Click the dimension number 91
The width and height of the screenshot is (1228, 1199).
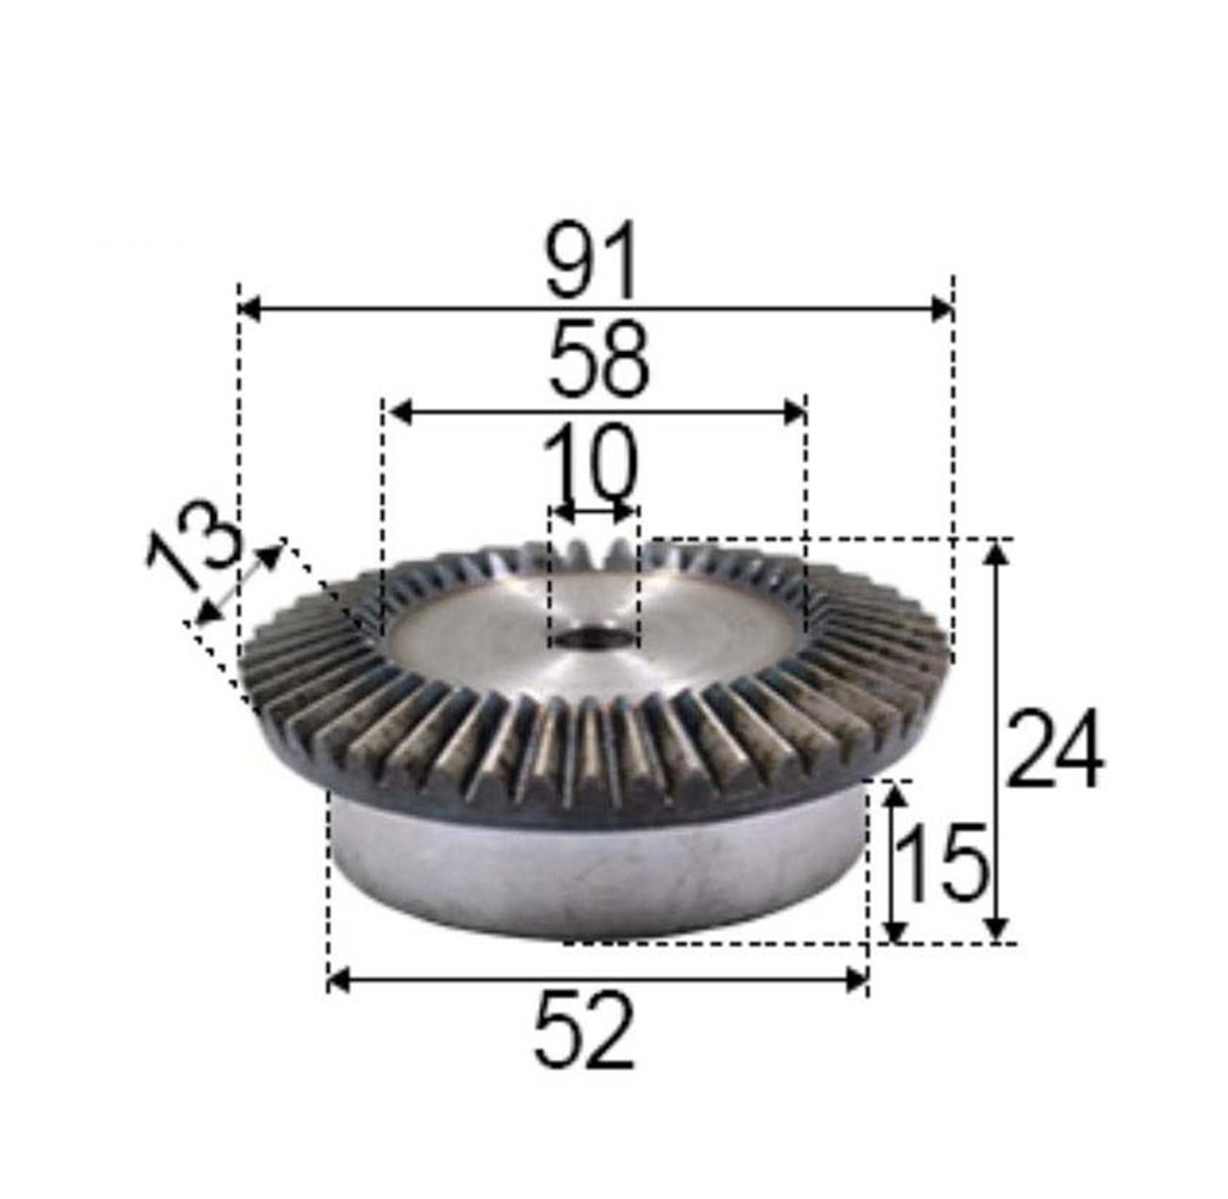pos(591,261)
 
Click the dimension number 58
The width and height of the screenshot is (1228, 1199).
pos(599,361)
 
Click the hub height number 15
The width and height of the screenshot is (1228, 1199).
pos(942,864)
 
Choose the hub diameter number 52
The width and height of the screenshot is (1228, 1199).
pos(585,1030)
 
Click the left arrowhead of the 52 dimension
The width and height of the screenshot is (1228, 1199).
pos(338,979)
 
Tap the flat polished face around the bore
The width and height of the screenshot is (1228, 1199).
pos(491,637)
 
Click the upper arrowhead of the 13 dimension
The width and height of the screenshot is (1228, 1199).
pos(269,554)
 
